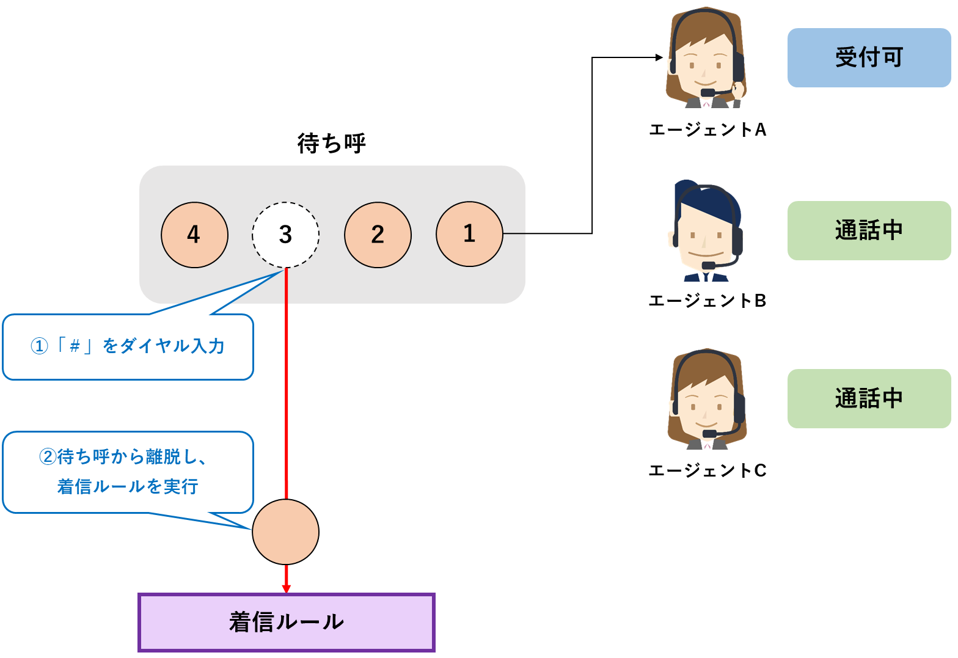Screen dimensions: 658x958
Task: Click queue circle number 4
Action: tap(194, 235)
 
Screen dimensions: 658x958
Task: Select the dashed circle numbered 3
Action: tap(285, 235)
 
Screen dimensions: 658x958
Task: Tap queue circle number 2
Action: tap(378, 235)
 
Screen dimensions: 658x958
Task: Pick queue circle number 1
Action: tap(469, 234)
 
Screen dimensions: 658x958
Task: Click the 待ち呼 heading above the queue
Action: tap(331, 144)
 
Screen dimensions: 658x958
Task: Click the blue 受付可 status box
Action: tap(868, 57)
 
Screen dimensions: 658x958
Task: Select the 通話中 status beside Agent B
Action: tap(868, 230)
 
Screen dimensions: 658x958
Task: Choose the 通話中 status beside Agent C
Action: tap(868, 398)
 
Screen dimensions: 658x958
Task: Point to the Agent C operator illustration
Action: tap(707, 400)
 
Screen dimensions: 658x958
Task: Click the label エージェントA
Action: tap(707, 130)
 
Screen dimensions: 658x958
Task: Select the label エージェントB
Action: tap(707, 301)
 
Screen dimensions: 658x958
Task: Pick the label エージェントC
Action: tap(707, 470)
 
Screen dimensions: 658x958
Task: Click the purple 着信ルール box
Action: tap(286, 622)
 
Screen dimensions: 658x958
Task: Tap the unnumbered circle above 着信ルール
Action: tap(285, 532)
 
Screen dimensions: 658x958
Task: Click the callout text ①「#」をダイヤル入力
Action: tap(128, 346)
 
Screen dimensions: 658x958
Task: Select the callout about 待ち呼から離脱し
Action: tap(128, 472)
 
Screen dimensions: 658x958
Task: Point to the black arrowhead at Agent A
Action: tap(659, 57)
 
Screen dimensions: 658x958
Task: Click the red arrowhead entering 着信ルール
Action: tap(286, 588)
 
